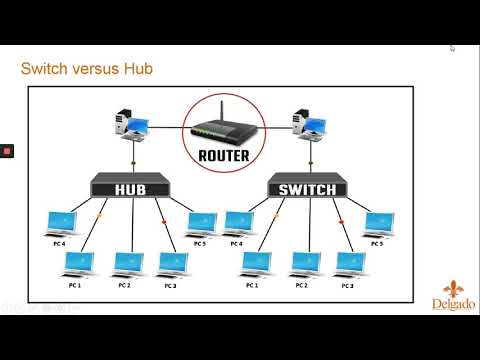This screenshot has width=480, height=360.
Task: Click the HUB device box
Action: coord(131,185)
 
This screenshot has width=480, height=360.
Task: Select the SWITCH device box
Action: coord(308,185)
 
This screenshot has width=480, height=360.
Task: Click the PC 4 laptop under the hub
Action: coord(62,223)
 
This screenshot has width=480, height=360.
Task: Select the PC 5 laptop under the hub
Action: coord(201,223)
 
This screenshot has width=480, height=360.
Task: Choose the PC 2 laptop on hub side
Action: coord(127,263)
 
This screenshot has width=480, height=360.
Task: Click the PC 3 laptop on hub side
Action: coord(171,263)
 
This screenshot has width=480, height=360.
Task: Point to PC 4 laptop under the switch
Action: coord(240,223)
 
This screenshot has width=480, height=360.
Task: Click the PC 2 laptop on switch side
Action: coord(304,263)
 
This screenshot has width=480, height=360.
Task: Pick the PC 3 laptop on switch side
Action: coord(349,263)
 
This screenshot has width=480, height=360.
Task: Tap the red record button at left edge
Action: coord(6,151)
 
